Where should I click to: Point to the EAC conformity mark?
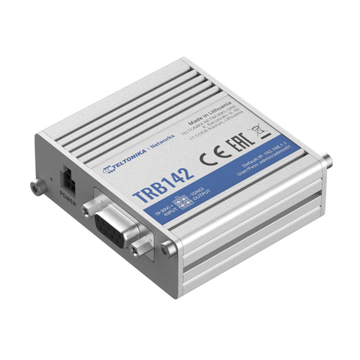235,144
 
